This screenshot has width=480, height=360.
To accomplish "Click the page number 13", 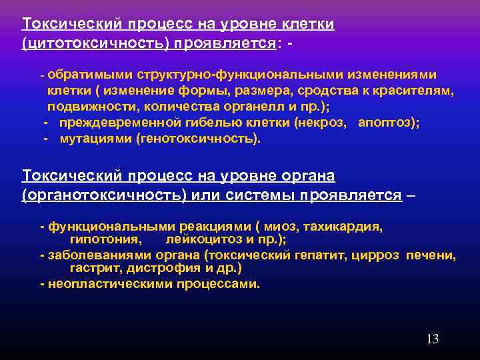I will (x=432, y=339).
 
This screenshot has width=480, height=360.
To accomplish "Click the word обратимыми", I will (x=84, y=75).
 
